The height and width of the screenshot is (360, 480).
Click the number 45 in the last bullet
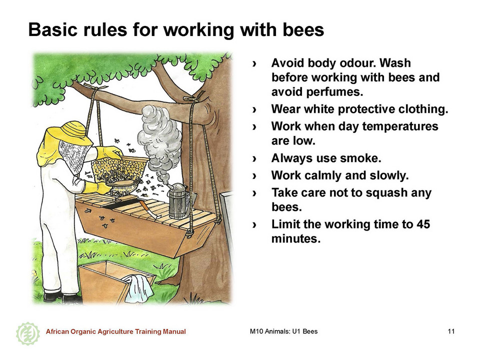coord(423,224)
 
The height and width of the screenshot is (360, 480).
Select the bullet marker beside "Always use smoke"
coord(254,158)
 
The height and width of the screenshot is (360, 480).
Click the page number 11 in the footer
coord(451,331)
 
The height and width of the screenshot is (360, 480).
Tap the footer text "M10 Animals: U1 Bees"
coord(283,331)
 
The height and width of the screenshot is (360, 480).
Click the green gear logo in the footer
coord(28,333)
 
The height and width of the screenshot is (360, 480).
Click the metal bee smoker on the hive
coord(177,200)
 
